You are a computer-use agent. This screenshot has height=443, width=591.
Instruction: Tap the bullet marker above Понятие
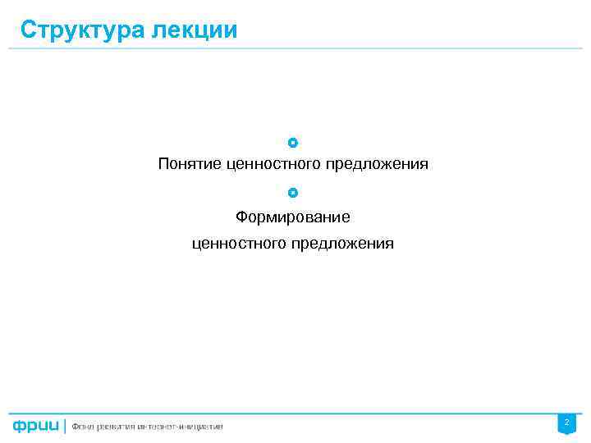tap(293, 143)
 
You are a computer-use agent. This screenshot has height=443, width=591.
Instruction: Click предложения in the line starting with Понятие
tap(377, 164)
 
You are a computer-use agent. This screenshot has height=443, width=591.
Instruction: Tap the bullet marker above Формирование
tap(293, 193)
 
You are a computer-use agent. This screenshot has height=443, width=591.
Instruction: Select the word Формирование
tap(293, 217)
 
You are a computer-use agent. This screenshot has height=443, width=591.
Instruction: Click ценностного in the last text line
tap(237, 244)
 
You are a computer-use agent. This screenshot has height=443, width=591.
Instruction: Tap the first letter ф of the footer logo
tap(18, 427)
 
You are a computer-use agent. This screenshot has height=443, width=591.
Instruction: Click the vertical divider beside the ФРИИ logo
tap(64, 426)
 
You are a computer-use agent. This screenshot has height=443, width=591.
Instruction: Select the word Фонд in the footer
tap(83, 426)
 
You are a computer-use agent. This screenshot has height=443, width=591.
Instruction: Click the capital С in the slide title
tap(28, 30)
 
